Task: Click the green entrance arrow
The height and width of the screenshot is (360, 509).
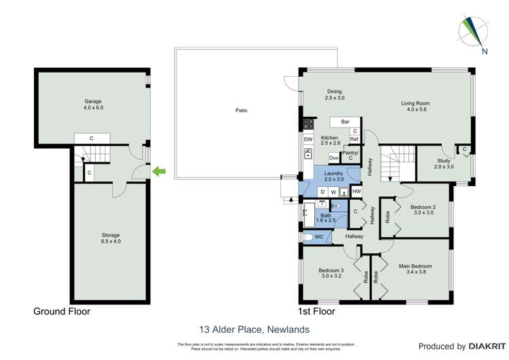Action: click(x=159, y=172)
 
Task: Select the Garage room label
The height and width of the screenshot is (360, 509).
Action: click(x=92, y=105)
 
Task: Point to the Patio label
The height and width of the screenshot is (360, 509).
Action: click(x=241, y=110)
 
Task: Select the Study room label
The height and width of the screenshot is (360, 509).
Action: click(x=444, y=164)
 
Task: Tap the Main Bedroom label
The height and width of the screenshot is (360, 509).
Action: click(x=415, y=270)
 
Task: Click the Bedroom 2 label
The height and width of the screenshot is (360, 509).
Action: click(x=423, y=209)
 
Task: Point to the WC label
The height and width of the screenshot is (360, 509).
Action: click(x=320, y=237)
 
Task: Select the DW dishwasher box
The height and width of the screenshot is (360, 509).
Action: click(x=307, y=140)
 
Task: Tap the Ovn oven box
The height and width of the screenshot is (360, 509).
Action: click(x=333, y=158)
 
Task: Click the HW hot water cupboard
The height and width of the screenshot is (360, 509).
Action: click(x=356, y=192)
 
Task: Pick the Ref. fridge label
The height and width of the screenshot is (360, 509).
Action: click(x=354, y=139)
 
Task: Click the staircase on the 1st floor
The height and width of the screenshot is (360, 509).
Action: click(x=395, y=164)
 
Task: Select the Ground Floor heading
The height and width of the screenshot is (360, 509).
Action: click(x=62, y=312)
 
